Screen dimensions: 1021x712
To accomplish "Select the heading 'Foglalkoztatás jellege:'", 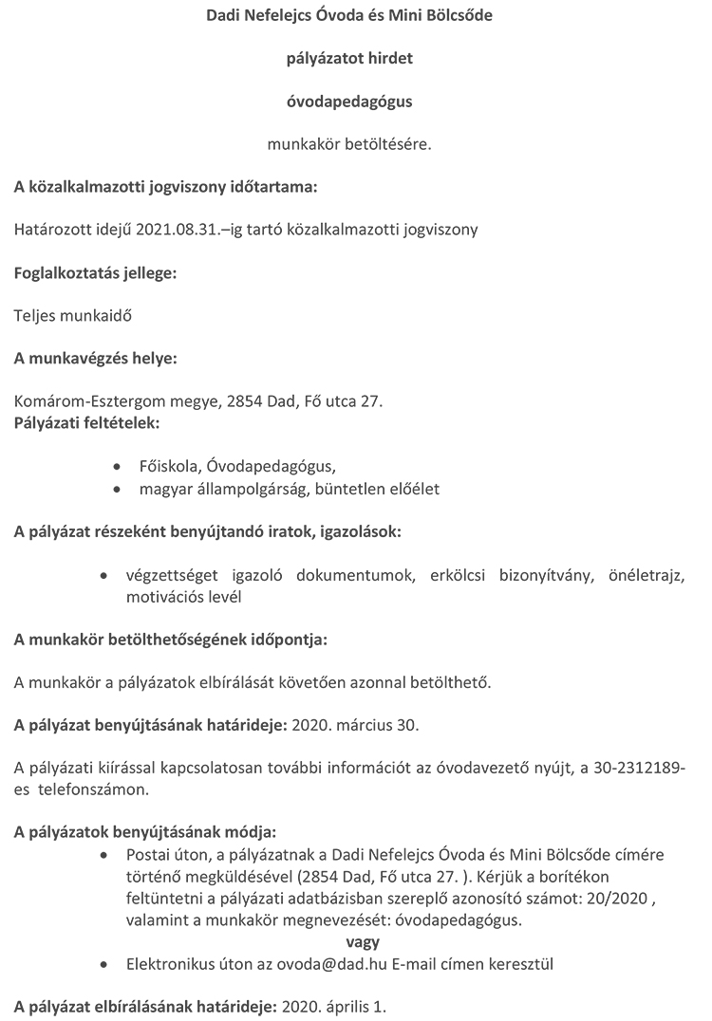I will point(95,273).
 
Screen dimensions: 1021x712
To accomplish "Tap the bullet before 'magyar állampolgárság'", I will point(117,490).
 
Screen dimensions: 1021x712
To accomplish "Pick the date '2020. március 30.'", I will point(354,726).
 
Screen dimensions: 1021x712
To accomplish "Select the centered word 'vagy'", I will point(363,942).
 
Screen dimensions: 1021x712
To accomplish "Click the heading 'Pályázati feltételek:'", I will point(86,421).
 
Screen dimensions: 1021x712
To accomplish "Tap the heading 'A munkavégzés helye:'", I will point(95,359).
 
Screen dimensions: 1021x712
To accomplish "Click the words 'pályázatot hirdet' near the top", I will point(349,59).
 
